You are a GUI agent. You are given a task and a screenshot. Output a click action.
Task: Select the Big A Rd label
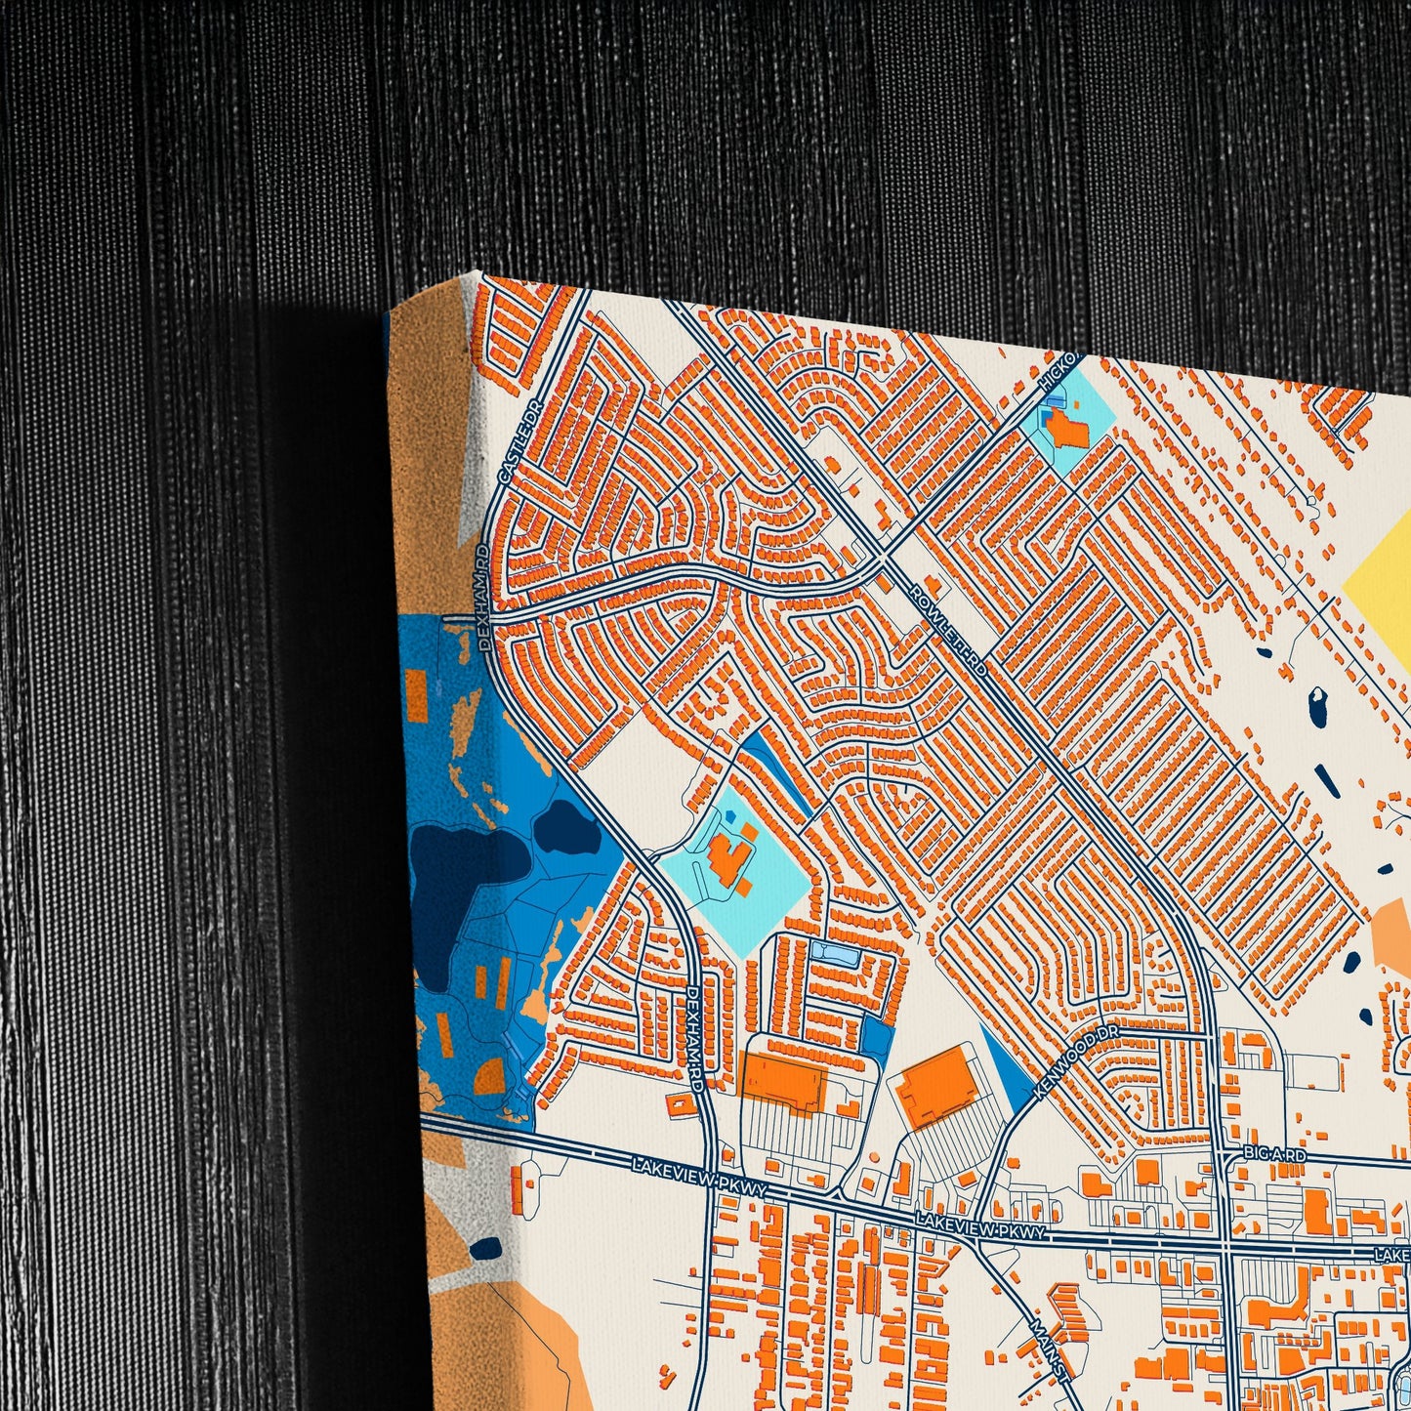click(x=1274, y=1155)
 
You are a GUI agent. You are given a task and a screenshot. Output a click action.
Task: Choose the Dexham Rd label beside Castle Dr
click(x=481, y=576)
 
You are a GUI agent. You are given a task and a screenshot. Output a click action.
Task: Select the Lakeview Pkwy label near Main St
click(x=980, y=1228)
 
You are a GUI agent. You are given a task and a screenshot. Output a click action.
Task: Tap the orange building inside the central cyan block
click(x=728, y=859)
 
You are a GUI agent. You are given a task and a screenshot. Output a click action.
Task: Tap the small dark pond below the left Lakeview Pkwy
click(x=484, y=1248)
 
